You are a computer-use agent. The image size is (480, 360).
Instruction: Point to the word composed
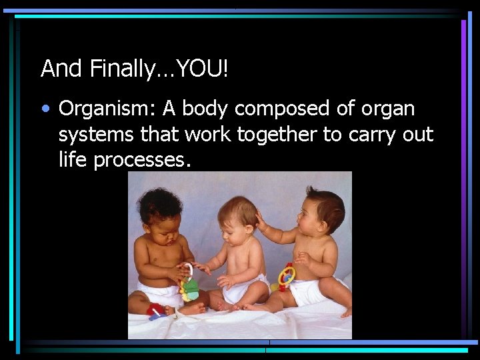click(277, 109)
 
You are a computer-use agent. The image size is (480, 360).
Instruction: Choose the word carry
click(374, 135)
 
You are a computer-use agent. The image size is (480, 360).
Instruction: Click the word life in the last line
click(73, 161)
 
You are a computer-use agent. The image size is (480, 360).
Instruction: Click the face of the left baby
click(160, 217)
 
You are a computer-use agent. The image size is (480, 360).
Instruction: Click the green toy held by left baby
click(191, 289)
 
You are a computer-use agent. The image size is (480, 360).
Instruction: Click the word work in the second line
click(207, 135)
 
